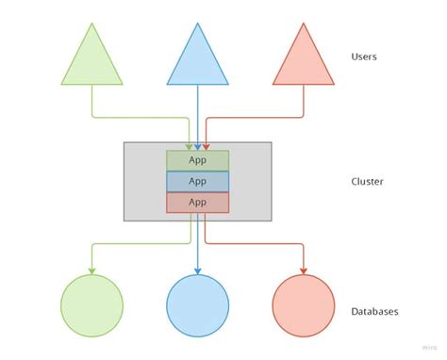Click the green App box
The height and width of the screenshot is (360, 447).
coord(197,160)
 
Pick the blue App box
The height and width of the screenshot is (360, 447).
coord(197,181)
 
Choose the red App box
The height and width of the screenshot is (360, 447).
coord(197,202)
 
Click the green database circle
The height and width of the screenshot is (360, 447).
coord(91,305)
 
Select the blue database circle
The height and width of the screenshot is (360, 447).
coord(197,305)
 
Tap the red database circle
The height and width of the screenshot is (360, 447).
coord(303,305)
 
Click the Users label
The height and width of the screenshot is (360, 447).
coord(364,57)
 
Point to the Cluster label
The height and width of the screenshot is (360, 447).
coord(366,182)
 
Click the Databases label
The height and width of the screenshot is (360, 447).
coord(374,311)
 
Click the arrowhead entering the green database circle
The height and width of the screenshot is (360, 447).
coord(91,270)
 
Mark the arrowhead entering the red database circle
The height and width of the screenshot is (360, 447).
coord(303,270)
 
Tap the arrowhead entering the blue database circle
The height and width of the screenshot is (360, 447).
coord(197,270)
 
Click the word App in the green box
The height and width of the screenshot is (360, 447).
coord(197,160)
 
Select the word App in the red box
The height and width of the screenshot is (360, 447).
coord(197,202)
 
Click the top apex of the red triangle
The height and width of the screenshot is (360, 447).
coord(303,25)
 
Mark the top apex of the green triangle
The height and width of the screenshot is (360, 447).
coord(91,25)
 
